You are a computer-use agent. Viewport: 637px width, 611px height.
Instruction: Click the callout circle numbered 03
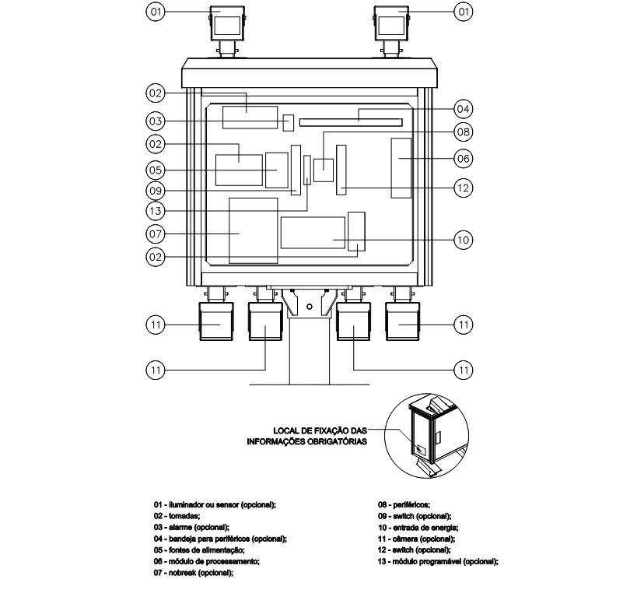click(156, 121)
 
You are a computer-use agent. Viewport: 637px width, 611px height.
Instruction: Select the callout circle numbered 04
click(463, 109)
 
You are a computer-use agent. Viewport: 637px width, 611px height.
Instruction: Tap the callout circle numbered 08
click(463, 132)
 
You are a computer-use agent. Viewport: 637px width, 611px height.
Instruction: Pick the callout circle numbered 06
click(463, 159)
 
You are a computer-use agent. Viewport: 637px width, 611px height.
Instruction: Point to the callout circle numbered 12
click(463, 188)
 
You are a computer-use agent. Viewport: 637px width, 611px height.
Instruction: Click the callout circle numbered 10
click(463, 240)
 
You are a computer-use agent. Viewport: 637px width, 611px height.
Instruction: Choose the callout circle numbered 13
click(156, 211)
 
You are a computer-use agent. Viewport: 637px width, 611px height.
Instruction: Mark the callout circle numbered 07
click(156, 234)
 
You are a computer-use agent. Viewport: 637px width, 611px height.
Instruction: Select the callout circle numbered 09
click(156, 191)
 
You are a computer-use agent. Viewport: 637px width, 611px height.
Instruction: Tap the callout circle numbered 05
click(156, 170)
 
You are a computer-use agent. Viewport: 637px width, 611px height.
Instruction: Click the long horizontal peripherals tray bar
click(351, 122)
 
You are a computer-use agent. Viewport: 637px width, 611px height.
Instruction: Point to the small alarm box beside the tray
click(288, 123)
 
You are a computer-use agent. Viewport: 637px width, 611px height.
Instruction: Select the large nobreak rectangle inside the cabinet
click(254, 230)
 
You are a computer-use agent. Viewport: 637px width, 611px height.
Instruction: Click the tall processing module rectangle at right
click(401, 168)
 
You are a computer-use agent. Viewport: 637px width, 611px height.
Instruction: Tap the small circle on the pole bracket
click(309, 307)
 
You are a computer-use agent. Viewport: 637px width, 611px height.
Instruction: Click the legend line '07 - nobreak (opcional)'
click(194, 573)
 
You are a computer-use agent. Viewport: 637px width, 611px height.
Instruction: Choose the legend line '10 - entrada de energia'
click(418, 528)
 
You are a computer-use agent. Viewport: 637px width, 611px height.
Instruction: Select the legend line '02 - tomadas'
click(177, 516)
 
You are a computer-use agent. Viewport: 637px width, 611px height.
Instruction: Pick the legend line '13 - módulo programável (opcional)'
click(438, 562)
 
